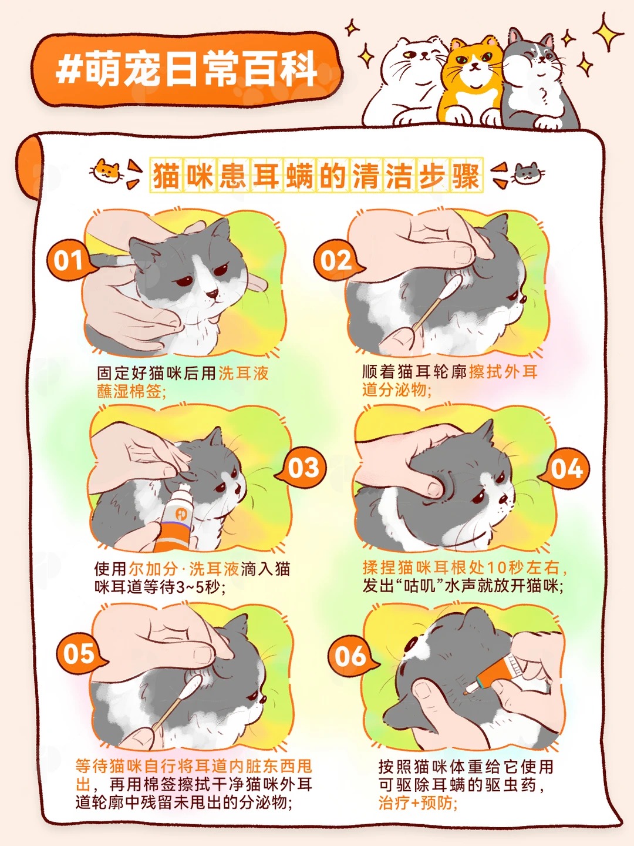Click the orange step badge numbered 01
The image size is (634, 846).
click(x=69, y=260)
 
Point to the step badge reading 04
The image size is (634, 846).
click(x=566, y=469)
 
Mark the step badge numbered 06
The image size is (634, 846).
click(x=350, y=656)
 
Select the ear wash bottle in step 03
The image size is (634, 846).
click(x=178, y=518)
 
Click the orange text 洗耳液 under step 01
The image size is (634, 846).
click(x=243, y=373)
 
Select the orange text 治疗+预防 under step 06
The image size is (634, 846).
click(x=417, y=803)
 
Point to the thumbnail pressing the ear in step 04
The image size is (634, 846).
click(x=435, y=489)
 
